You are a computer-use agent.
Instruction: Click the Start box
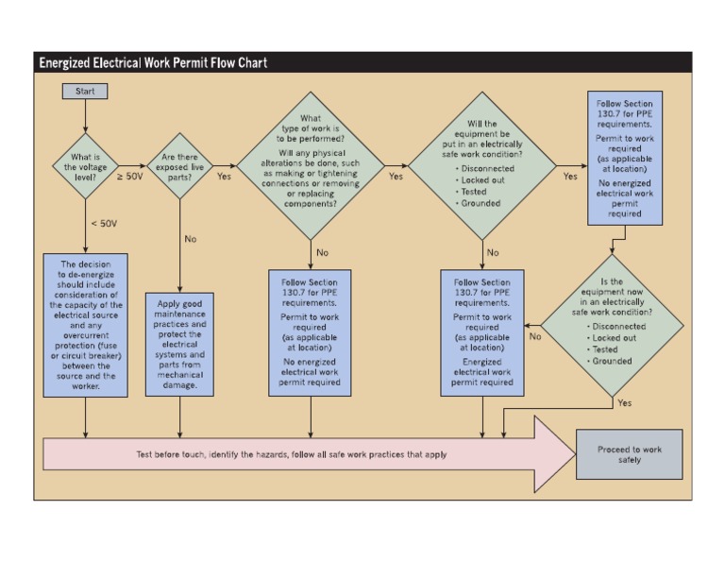click(x=85, y=92)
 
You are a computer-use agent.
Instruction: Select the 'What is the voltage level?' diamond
click(x=85, y=166)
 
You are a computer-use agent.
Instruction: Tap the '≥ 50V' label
click(x=130, y=176)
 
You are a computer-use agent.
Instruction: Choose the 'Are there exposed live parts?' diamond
click(x=182, y=166)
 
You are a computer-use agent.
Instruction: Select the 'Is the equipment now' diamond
click(x=612, y=322)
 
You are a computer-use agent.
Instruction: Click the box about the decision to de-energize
click(x=85, y=324)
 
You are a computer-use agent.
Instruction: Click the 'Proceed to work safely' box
click(x=629, y=454)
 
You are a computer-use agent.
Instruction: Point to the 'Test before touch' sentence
click(x=292, y=454)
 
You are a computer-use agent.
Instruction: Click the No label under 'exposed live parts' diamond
click(x=191, y=239)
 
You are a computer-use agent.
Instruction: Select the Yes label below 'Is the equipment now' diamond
click(x=624, y=402)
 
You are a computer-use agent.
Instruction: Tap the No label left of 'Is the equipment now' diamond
click(x=535, y=335)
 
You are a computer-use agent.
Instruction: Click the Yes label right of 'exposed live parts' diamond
click(x=224, y=176)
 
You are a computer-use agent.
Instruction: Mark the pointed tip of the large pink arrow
click(x=574, y=454)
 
